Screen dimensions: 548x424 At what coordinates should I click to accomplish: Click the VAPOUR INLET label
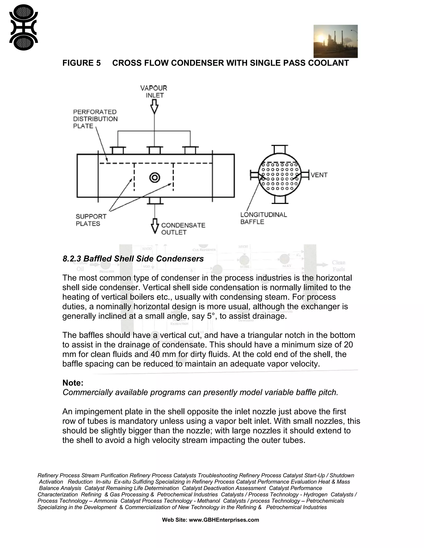coord(154,92)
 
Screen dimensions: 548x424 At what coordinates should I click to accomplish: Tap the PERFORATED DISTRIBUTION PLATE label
coord(95,119)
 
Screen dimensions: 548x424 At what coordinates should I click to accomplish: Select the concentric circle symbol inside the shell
coord(155,178)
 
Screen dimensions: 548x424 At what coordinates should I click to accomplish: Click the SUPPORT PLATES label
coord(91,220)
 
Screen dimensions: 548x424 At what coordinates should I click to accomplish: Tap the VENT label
coord(319,175)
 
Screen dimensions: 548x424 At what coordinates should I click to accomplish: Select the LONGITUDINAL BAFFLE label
coord(263,218)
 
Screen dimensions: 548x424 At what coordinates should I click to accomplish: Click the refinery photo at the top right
coord(335,41)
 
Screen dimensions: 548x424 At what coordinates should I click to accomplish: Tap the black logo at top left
coord(23,27)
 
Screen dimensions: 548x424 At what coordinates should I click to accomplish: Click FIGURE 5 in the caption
coord(81,63)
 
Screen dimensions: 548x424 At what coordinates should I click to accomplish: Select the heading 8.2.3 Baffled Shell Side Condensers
coord(133,259)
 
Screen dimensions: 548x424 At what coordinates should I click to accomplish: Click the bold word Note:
coord(73,383)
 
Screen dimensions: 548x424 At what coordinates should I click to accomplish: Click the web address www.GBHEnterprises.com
coord(224,520)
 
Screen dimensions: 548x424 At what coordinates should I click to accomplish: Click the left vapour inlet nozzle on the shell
coord(118,150)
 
